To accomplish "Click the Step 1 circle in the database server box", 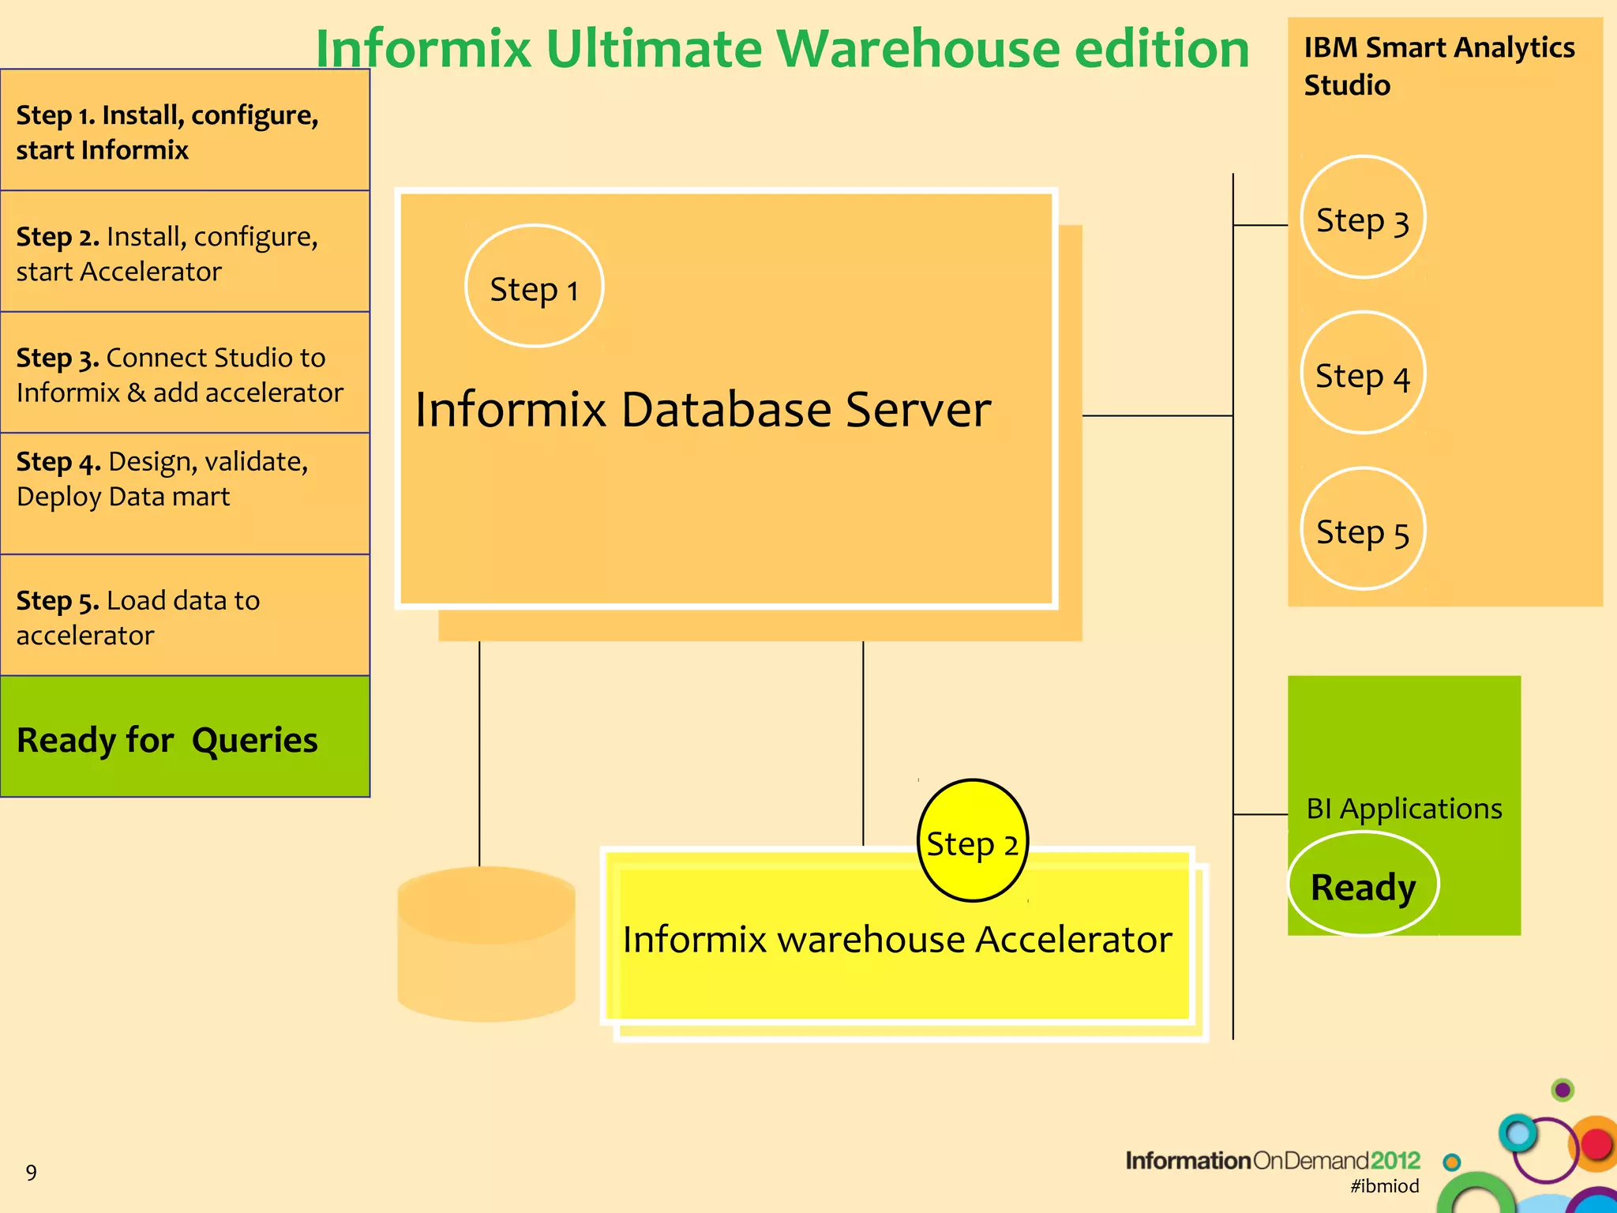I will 535,287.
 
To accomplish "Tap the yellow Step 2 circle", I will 973,841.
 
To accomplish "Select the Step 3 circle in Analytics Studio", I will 1363,218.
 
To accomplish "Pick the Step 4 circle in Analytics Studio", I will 1363,374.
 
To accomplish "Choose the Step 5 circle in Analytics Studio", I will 1363,530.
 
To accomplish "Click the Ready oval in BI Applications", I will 1363,884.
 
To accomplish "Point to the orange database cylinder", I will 486,944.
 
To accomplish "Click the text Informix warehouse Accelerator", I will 897,940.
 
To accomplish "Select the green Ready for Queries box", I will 184,738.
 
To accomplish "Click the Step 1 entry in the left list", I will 184,131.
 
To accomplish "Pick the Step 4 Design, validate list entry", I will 184,479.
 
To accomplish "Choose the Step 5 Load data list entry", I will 184,617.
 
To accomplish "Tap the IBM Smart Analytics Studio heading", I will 1439,66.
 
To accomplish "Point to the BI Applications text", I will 1404,809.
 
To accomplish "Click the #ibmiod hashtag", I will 1384,1185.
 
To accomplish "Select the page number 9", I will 32,1172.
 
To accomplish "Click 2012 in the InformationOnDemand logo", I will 1395,1160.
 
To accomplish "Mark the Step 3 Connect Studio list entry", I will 184,374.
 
